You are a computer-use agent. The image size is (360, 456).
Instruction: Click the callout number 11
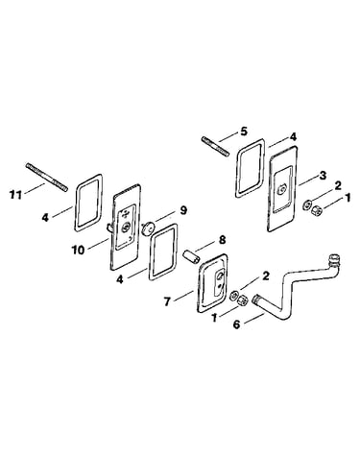click(x=15, y=195)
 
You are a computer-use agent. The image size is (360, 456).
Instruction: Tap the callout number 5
click(x=244, y=132)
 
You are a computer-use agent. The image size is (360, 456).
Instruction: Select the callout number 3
click(x=323, y=176)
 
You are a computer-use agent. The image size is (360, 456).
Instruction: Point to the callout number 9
click(x=183, y=210)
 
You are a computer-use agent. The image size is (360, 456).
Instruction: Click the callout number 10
click(x=78, y=250)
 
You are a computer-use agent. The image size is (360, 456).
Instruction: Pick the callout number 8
click(x=222, y=240)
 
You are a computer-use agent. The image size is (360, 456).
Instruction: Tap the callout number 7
click(x=167, y=301)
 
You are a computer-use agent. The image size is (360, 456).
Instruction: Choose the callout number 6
click(x=236, y=324)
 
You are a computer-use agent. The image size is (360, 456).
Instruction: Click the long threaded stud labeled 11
click(x=46, y=178)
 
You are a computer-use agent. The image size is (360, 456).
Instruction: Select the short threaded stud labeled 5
click(x=215, y=147)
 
